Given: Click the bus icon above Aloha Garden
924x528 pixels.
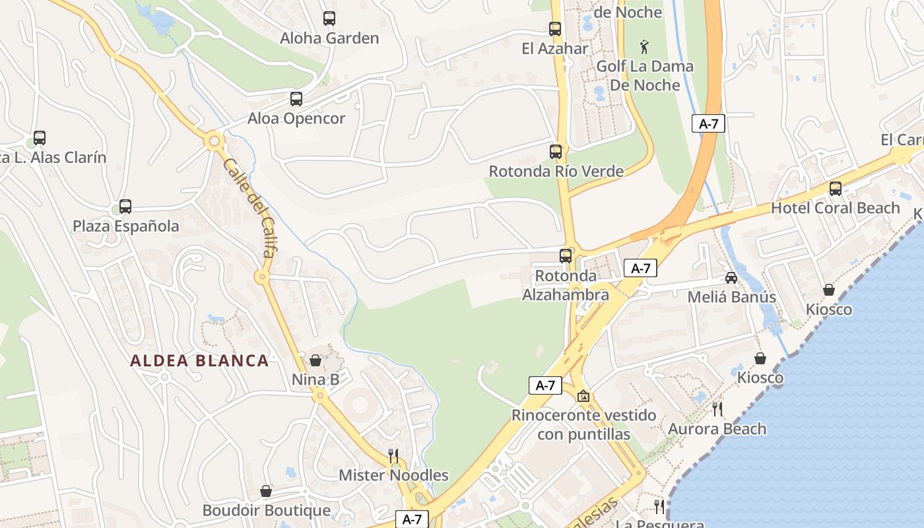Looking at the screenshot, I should (x=329, y=18).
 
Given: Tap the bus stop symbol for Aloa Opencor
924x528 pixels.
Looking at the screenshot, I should (x=296, y=99).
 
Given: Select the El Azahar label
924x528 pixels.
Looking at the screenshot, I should (x=554, y=48).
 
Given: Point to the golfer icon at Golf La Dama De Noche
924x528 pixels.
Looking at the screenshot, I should (x=645, y=47).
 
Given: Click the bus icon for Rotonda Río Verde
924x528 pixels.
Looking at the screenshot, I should (x=556, y=152).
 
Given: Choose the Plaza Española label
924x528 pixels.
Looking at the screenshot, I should (x=125, y=226).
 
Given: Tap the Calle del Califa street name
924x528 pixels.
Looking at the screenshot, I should (x=251, y=205).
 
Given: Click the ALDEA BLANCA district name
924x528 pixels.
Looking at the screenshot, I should (x=199, y=361).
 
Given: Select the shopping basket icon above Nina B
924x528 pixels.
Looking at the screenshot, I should (x=315, y=360).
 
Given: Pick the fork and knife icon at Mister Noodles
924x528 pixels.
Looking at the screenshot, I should (x=393, y=455).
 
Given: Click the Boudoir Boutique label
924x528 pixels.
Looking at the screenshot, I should (x=266, y=511).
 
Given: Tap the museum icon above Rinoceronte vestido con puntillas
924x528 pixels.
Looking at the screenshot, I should (x=583, y=396).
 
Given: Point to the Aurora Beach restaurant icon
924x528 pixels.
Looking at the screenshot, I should (x=717, y=409).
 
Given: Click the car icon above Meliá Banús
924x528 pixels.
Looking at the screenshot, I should (x=731, y=278).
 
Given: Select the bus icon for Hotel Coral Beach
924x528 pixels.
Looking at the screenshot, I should (x=836, y=189).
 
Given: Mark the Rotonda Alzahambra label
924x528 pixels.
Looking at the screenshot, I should (x=566, y=285).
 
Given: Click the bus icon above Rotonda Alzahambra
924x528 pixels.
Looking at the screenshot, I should (x=566, y=256).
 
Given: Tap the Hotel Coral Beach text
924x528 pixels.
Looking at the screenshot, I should (x=836, y=208).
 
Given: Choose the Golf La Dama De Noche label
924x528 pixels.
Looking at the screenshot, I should (x=645, y=76).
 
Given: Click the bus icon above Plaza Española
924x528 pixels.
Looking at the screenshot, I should (x=125, y=207).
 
